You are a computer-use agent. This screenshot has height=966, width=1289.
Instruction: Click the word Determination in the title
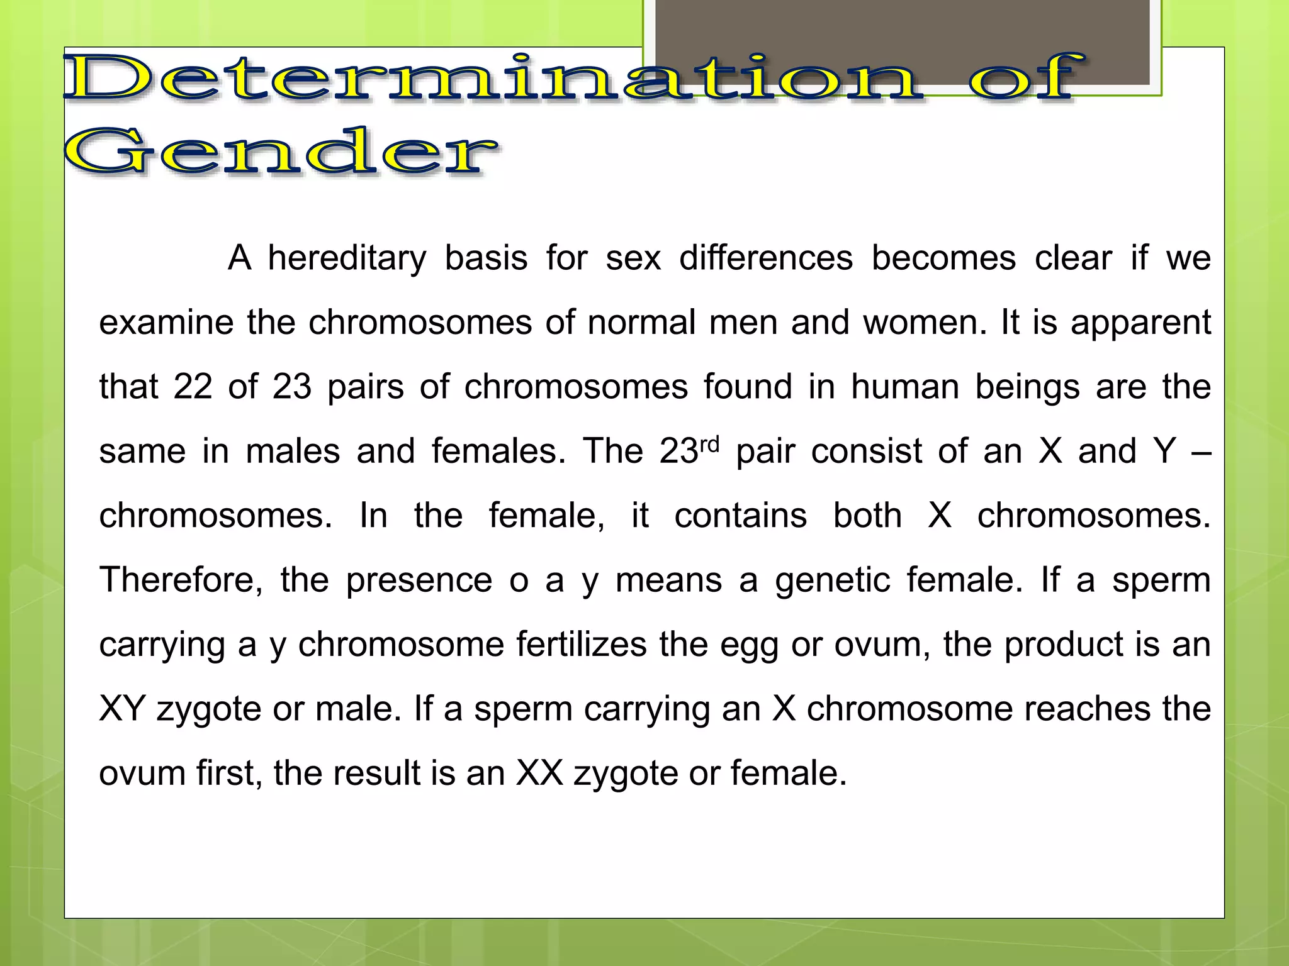(494, 79)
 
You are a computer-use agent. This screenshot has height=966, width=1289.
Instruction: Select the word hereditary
(347, 258)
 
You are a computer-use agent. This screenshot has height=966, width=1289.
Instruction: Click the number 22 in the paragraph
(193, 387)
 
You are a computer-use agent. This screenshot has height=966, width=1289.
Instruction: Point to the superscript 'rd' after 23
(709, 444)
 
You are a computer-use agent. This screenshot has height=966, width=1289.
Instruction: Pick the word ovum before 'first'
(142, 773)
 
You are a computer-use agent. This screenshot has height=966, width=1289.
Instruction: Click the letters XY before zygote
(123, 709)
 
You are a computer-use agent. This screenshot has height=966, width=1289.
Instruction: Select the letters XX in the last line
(539, 773)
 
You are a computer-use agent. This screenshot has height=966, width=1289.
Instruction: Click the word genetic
(833, 580)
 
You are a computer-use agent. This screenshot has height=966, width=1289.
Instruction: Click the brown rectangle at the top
(903, 42)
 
